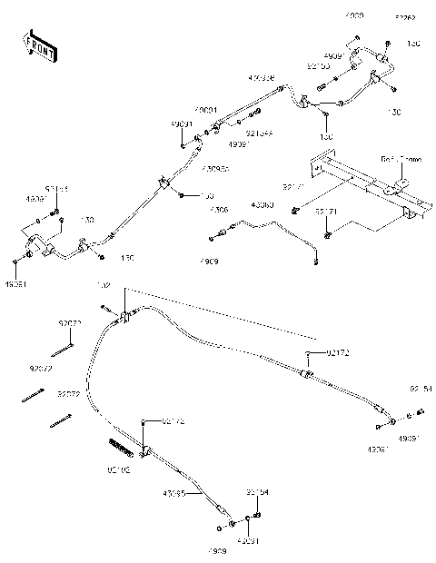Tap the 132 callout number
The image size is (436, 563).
click(x=104, y=285)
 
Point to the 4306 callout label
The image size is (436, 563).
click(x=219, y=210)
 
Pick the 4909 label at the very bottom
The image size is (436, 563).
click(x=216, y=551)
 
